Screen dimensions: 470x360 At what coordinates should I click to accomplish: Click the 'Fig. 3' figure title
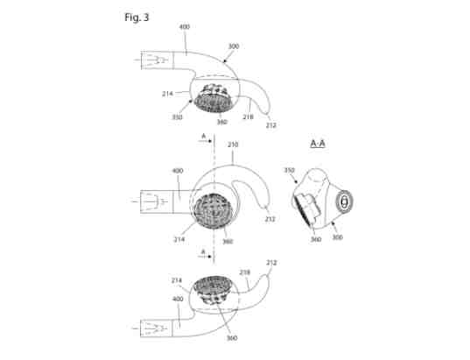click(x=137, y=18)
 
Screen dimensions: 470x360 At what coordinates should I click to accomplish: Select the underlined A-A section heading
click(x=318, y=144)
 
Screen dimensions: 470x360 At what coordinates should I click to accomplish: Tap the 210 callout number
click(x=233, y=145)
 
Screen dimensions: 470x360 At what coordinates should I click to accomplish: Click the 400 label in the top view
click(x=185, y=26)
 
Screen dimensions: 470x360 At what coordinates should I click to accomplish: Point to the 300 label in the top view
click(x=234, y=46)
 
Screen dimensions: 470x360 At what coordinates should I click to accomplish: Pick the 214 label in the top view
click(x=167, y=94)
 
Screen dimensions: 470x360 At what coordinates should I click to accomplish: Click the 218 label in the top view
click(x=248, y=116)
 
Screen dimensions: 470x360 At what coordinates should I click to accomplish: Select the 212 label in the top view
click(x=270, y=125)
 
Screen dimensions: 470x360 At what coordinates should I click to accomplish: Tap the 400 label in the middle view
click(x=178, y=171)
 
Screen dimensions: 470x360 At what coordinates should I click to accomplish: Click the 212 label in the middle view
click(x=270, y=219)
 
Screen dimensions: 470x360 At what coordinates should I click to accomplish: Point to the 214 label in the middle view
click(x=179, y=239)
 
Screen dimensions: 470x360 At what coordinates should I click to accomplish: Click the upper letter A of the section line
click(x=204, y=136)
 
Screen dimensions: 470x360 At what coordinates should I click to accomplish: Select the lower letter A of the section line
click(x=203, y=251)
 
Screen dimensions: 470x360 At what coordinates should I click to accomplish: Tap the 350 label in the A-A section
click(x=289, y=170)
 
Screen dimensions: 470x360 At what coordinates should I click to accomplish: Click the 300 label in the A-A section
click(x=338, y=237)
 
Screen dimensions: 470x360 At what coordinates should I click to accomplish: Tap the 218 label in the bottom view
click(x=244, y=272)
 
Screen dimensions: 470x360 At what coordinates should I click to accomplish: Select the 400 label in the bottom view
click(x=178, y=299)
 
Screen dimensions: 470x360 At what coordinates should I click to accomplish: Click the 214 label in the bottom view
click(x=177, y=280)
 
